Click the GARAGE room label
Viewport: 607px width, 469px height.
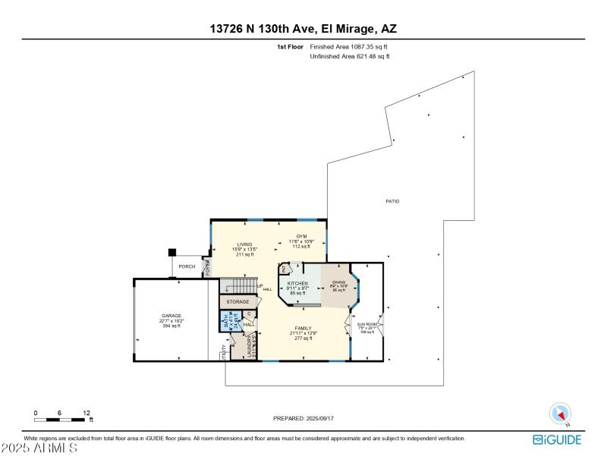pyautogui.click(x=171, y=316)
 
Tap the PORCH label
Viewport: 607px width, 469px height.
pyautogui.click(x=187, y=266)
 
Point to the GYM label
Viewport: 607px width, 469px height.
pyautogui.click(x=301, y=237)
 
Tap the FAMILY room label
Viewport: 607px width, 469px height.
pyautogui.click(x=303, y=329)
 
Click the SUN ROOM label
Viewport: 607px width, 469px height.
pyautogui.click(x=367, y=324)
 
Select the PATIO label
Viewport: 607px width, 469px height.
pyautogui.click(x=392, y=201)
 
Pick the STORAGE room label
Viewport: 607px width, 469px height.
pyautogui.click(x=237, y=301)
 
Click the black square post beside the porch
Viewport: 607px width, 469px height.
pyautogui.click(x=172, y=252)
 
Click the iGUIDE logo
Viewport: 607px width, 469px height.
pyautogui.click(x=558, y=439)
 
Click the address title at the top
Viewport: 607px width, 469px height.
pyautogui.click(x=303, y=29)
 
